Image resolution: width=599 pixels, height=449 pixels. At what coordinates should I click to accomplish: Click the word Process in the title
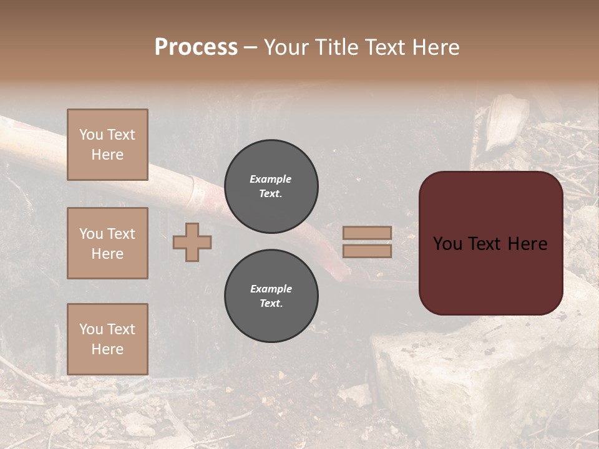coord(196,47)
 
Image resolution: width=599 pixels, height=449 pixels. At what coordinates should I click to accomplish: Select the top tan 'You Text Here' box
coord(107,145)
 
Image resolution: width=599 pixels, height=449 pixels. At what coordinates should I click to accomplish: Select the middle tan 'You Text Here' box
coord(107,243)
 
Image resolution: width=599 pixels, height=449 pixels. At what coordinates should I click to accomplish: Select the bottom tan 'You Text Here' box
coord(107,339)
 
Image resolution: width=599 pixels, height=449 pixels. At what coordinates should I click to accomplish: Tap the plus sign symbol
coord(192,242)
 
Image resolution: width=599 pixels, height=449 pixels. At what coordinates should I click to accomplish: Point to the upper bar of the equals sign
coord(367,233)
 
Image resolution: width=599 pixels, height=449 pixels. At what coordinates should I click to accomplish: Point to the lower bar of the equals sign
coord(367,251)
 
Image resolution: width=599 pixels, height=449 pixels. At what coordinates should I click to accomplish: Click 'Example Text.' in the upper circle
coord(271,186)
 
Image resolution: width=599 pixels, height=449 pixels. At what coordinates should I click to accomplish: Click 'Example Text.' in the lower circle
coord(271,296)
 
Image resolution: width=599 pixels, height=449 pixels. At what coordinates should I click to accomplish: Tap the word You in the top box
coord(91,135)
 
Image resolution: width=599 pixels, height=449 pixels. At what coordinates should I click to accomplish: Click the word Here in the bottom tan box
coord(107,349)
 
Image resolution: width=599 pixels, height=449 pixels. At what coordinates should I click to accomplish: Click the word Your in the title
coord(287,47)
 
